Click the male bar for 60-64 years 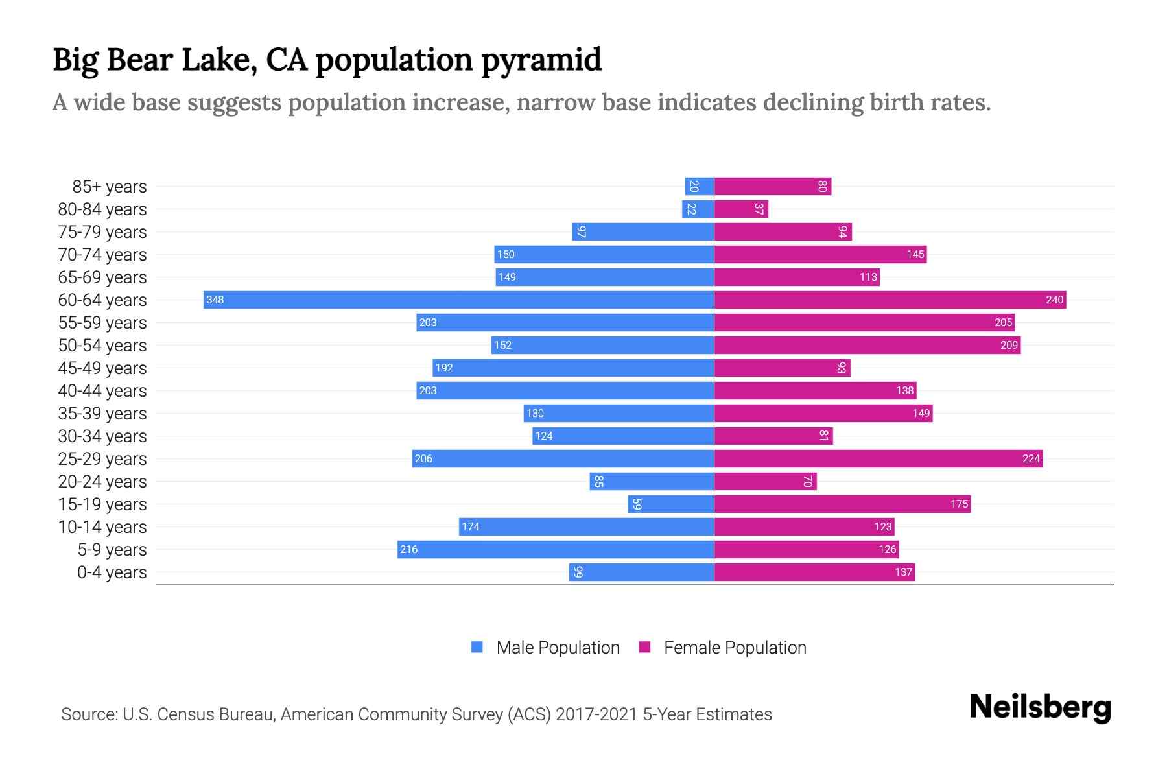coord(458,300)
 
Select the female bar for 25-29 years coord(878,458)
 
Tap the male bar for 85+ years coord(700,186)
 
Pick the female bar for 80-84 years coord(741,209)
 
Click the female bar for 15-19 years coord(842,504)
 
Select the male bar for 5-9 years coord(556,549)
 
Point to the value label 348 coord(215,300)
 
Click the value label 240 coord(1054,300)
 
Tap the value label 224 coord(1031,458)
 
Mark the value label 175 coord(959,504)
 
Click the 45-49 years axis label coord(102,368)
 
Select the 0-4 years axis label coord(112,572)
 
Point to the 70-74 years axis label coord(102,254)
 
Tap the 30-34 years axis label coord(102,436)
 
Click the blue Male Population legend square coord(477,647)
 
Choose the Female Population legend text coord(735,647)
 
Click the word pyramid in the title coord(541,60)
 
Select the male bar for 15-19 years coord(670,504)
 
